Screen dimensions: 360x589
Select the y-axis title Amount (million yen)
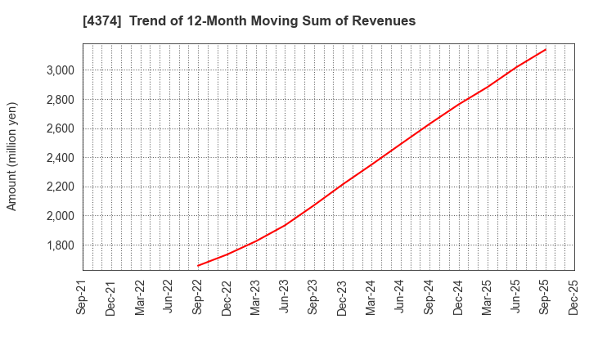[12, 156]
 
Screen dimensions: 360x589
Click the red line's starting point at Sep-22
[198, 265]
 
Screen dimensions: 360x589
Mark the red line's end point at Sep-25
[545, 49]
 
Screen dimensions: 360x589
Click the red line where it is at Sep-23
[313, 205]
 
